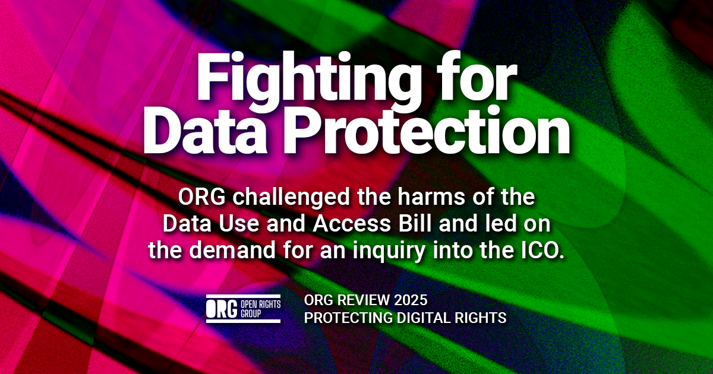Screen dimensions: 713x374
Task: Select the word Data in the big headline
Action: click(x=205, y=131)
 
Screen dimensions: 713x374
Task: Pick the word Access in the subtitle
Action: click(x=351, y=223)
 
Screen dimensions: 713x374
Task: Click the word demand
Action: click(x=232, y=250)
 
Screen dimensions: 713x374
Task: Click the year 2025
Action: click(x=411, y=300)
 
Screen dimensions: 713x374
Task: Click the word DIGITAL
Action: click(x=424, y=318)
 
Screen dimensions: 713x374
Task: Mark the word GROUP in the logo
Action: click(x=251, y=314)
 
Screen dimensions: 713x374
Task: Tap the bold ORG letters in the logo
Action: click(x=222, y=309)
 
